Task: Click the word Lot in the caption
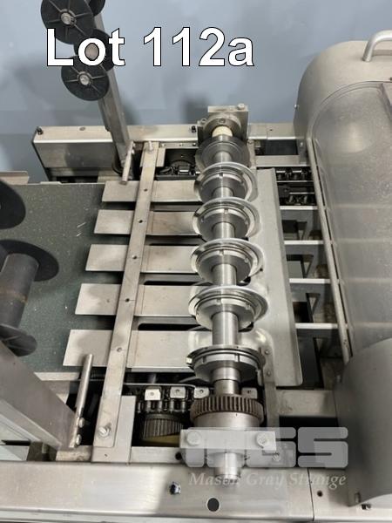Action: pos(85,47)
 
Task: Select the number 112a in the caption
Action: pos(199,47)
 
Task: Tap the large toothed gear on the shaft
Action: pos(226,409)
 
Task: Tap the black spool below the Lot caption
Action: pos(85,80)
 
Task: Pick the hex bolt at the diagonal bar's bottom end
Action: pos(104,431)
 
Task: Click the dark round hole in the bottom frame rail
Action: pos(213,504)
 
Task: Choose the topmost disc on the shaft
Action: pos(223,148)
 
